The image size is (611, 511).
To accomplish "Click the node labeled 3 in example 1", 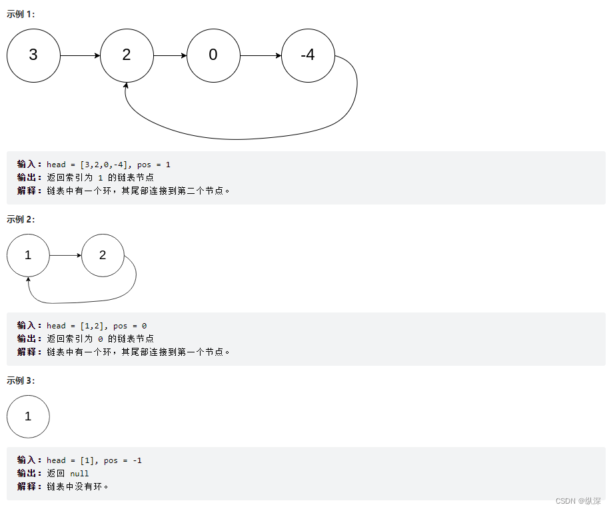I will [33, 55].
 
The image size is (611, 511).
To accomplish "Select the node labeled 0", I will [213, 55].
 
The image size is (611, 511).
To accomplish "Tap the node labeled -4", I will [308, 55].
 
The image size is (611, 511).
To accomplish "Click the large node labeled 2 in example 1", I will [127, 55].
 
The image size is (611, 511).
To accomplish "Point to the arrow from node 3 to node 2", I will [80, 55].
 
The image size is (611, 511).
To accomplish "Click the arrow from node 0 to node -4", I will [261, 55].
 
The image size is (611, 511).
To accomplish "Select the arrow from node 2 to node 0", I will [170, 55].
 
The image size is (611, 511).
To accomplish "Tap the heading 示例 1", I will [21, 14].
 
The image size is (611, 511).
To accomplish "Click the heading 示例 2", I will [21, 219].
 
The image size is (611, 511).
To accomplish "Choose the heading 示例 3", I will [21, 380].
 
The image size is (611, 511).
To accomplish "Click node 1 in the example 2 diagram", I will [28, 255].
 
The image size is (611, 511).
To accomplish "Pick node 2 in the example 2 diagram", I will [103, 255].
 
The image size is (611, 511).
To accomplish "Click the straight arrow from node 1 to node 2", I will [65, 255].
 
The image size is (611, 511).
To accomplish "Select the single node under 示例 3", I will [28, 416].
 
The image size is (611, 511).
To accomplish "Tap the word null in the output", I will [79, 474].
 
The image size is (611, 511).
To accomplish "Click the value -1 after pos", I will [137, 460].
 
